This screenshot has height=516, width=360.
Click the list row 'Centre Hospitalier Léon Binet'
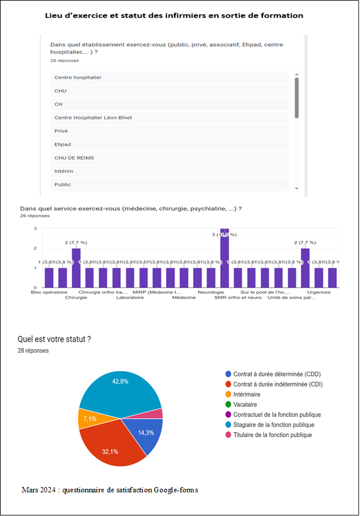click(x=94, y=118)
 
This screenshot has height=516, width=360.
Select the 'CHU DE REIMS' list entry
click(x=74, y=158)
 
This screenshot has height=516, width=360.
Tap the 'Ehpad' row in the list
click(x=63, y=144)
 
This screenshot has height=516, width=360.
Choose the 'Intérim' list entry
click(x=63, y=172)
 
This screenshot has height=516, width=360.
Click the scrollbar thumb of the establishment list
click(x=297, y=98)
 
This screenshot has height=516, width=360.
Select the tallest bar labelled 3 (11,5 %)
click(x=224, y=257)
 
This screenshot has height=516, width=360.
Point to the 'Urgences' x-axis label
click(x=319, y=292)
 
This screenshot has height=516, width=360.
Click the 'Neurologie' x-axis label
click(x=211, y=292)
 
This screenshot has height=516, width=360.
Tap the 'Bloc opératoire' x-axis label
click(x=49, y=292)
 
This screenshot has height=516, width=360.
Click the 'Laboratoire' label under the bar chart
click(x=130, y=298)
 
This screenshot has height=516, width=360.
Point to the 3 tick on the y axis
click(x=35, y=228)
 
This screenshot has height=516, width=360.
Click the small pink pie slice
click(x=158, y=414)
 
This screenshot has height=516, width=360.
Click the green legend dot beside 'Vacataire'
click(x=229, y=405)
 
